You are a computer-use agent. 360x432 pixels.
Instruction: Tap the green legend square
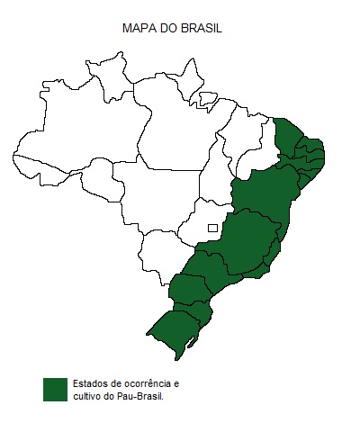point(55,389)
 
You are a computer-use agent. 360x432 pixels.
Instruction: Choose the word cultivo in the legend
point(87,395)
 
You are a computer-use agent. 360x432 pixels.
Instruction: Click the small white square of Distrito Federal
point(212,228)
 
